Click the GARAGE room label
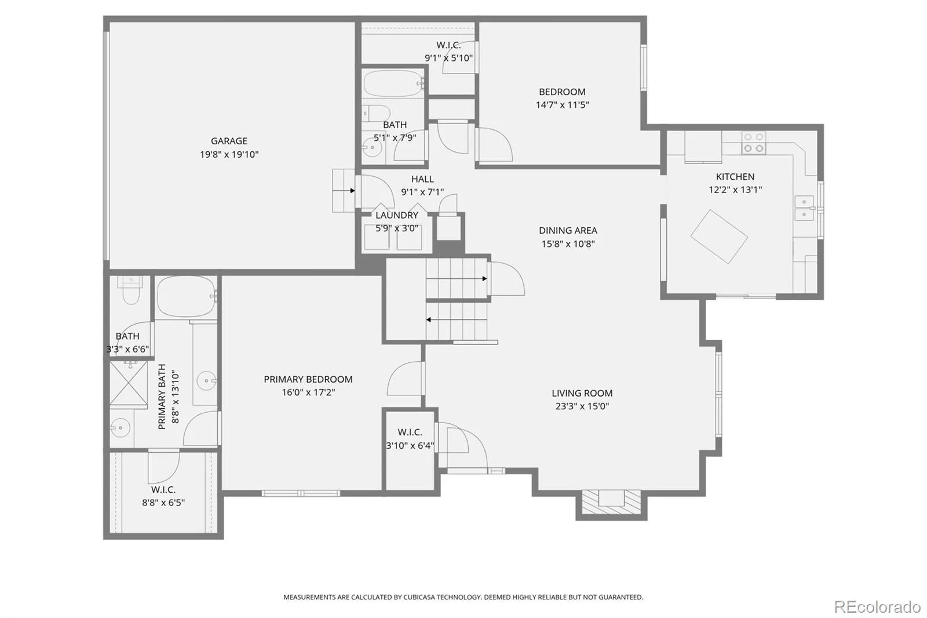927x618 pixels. click(x=229, y=141)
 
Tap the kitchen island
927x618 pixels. click(x=719, y=237)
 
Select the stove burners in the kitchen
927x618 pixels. click(x=753, y=143)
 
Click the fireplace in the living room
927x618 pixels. click(x=611, y=503)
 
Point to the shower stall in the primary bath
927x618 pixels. click(x=129, y=384)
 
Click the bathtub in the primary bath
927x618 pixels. click(x=186, y=297)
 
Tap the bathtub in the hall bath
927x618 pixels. click(x=393, y=83)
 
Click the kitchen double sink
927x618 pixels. click(x=804, y=208)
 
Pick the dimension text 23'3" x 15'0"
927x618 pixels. click(x=582, y=406)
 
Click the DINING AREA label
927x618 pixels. click(x=568, y=230)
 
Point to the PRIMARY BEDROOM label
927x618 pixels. click(x=308, y=379)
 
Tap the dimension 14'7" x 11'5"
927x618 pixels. click(x=562, y=105)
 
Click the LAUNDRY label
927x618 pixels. click(x=397, y=215)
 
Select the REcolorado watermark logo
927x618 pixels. click(x=877, y=607)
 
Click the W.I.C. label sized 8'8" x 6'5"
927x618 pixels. click(x=163, y=490)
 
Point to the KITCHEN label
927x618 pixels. click(x=735, y=176)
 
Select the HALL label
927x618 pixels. click(x=422, y=179)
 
